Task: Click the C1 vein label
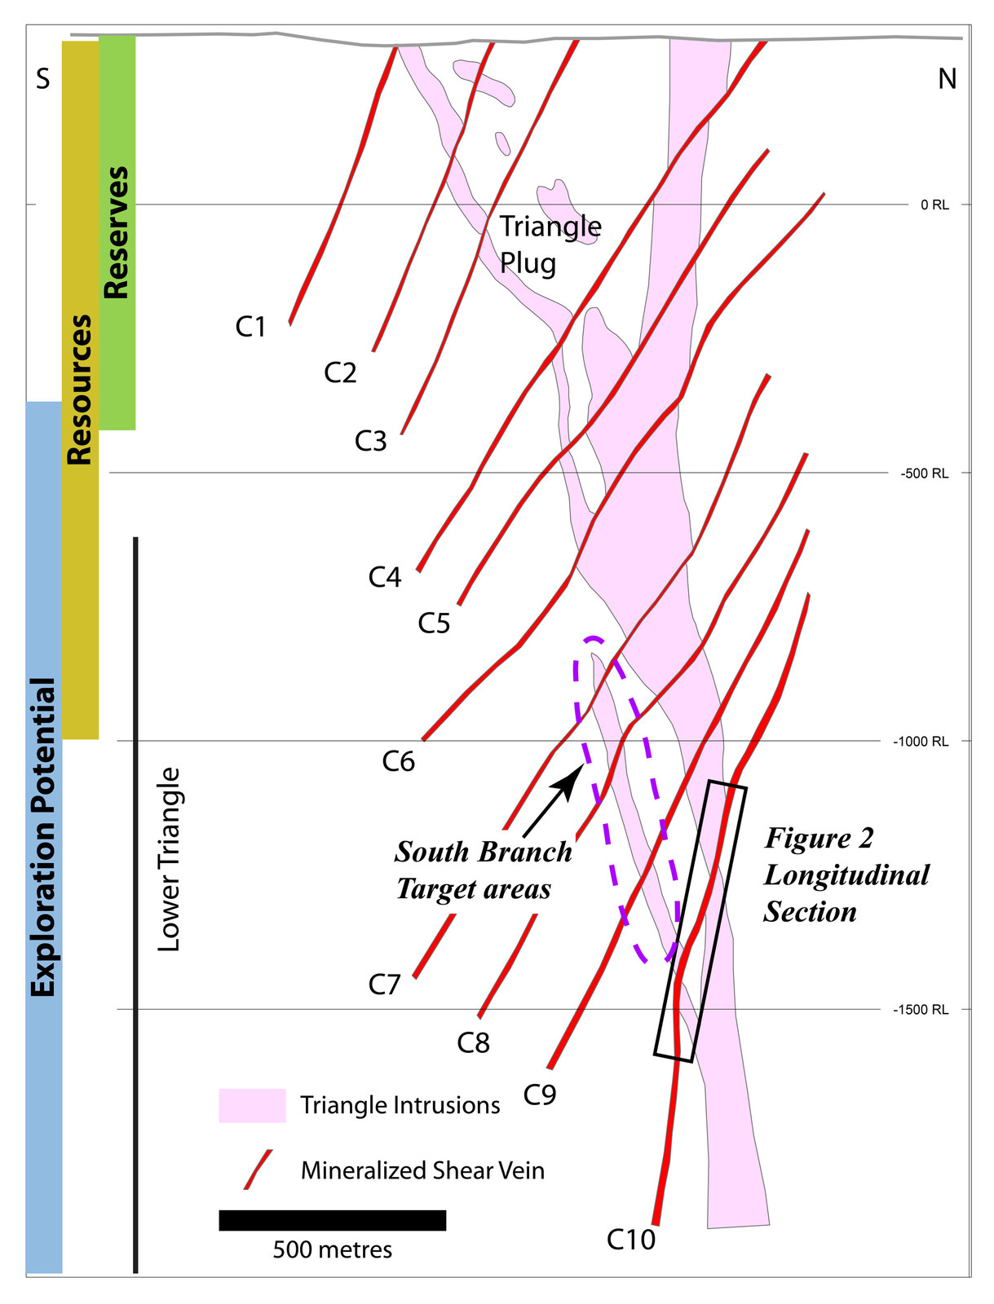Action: pos(250,327)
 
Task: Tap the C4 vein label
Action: pos(384,577)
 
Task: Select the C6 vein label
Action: pos(399,761)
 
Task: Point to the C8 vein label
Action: pos(473,1042)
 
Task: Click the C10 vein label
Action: pos(630,1240)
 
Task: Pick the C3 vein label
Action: pos(370,441)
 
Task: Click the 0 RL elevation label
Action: pos(934,205)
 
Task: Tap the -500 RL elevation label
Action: pos(924,474)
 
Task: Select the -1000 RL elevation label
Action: pos(921,742)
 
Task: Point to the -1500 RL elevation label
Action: pos(921,1010)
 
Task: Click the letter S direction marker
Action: pos(42,79)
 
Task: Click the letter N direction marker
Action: pos(947,79)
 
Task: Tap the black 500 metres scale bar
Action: pos(332,1220)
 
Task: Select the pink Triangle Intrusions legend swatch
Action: pos(252,1106)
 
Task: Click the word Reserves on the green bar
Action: pos(116,233)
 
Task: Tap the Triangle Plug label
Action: pos(549,244)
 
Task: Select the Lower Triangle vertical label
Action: pos(168,859)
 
